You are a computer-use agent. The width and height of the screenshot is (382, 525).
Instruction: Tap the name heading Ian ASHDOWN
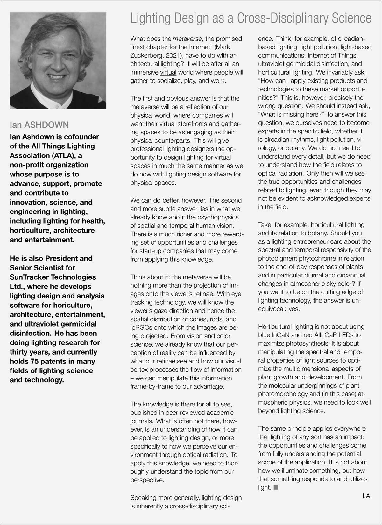(39, 125)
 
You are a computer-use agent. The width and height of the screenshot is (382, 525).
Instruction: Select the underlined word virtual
(168, 72)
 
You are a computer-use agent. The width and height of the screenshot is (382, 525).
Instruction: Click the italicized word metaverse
(187, 39)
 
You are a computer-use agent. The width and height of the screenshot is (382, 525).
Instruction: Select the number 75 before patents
(35, 361)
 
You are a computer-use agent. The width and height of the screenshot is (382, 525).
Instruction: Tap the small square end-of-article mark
(276, 487)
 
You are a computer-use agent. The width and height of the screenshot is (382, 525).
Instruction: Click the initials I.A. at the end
(366, 496)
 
